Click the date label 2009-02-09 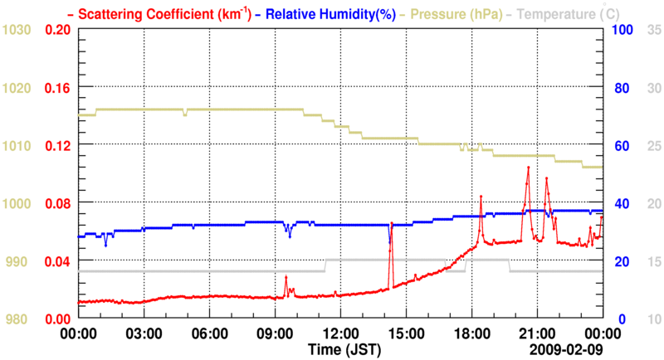pos(567,348)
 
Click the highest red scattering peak pos(527,168)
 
